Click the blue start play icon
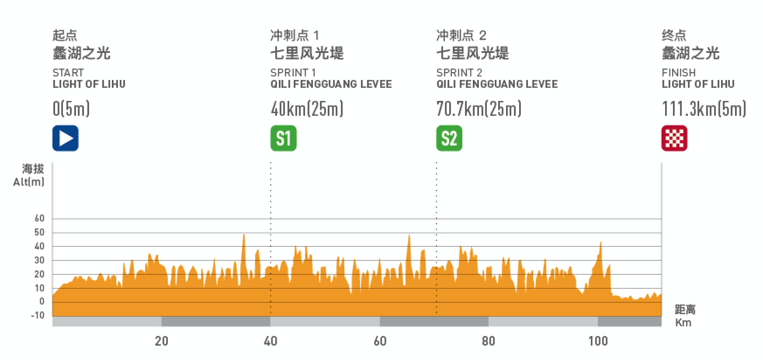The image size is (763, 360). click(x=66, y=138)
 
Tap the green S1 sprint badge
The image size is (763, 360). click(x=283, y=138)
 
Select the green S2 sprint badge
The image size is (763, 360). click(x=449, y=138)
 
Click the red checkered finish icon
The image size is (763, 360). click(x=674, y=138)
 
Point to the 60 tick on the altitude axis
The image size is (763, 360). click(x=39, y=218)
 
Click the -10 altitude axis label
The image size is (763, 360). click(x=38, y=315)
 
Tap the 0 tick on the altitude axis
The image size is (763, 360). click(x=42, y=301)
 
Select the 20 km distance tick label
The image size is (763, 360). click(x=161, y=341)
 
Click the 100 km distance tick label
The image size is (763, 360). click(x=598, y=341)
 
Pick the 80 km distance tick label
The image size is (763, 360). click(x=488, y=341)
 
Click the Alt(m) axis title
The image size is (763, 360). click(x=29, y=182)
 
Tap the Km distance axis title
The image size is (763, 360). click(x=683, y=323)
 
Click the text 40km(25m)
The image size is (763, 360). click(x=307, y=109)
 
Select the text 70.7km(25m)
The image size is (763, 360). click(x=479, y=109)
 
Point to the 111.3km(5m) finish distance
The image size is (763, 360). click(x=704, y=109)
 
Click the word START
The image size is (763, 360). click(x=68, y=73)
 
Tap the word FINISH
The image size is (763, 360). click(x=679, y=73)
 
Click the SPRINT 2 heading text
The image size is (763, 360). click(x=459, y=73)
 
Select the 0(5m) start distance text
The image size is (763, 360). click(x=71, y=109)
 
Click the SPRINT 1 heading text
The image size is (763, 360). click(x=293, y=73)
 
